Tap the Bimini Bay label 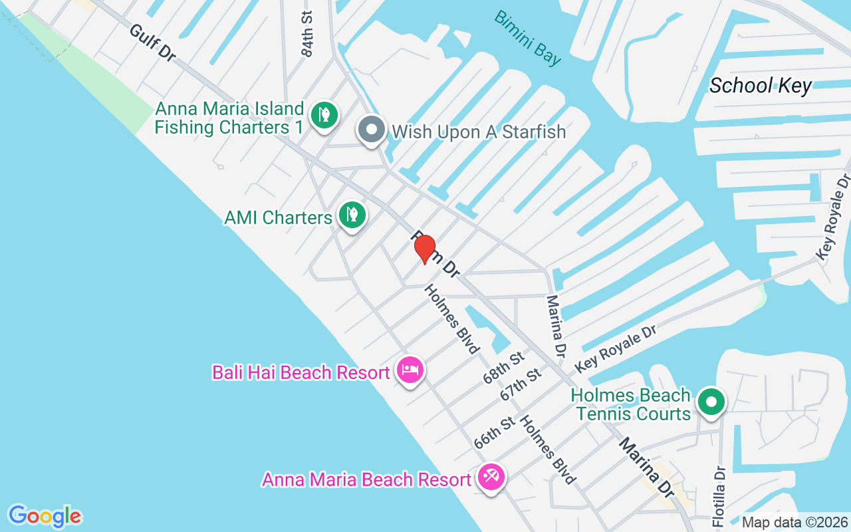click(x=528, y=37)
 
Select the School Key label click(x=761, y=86)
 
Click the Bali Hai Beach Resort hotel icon click(x=410, y=370)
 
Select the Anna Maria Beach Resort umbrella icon click(x=491, y=477)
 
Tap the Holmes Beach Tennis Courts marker click(x=711, y=402)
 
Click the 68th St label click(x=504, y=368)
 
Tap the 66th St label click(x=495, y=432)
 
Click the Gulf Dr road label click(x=152, y=43)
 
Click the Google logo click(x=45, y=516)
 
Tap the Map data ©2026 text click(x=794, y=523)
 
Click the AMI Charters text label click(x=278, y=217)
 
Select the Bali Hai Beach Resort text click(x=301, y=372)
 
